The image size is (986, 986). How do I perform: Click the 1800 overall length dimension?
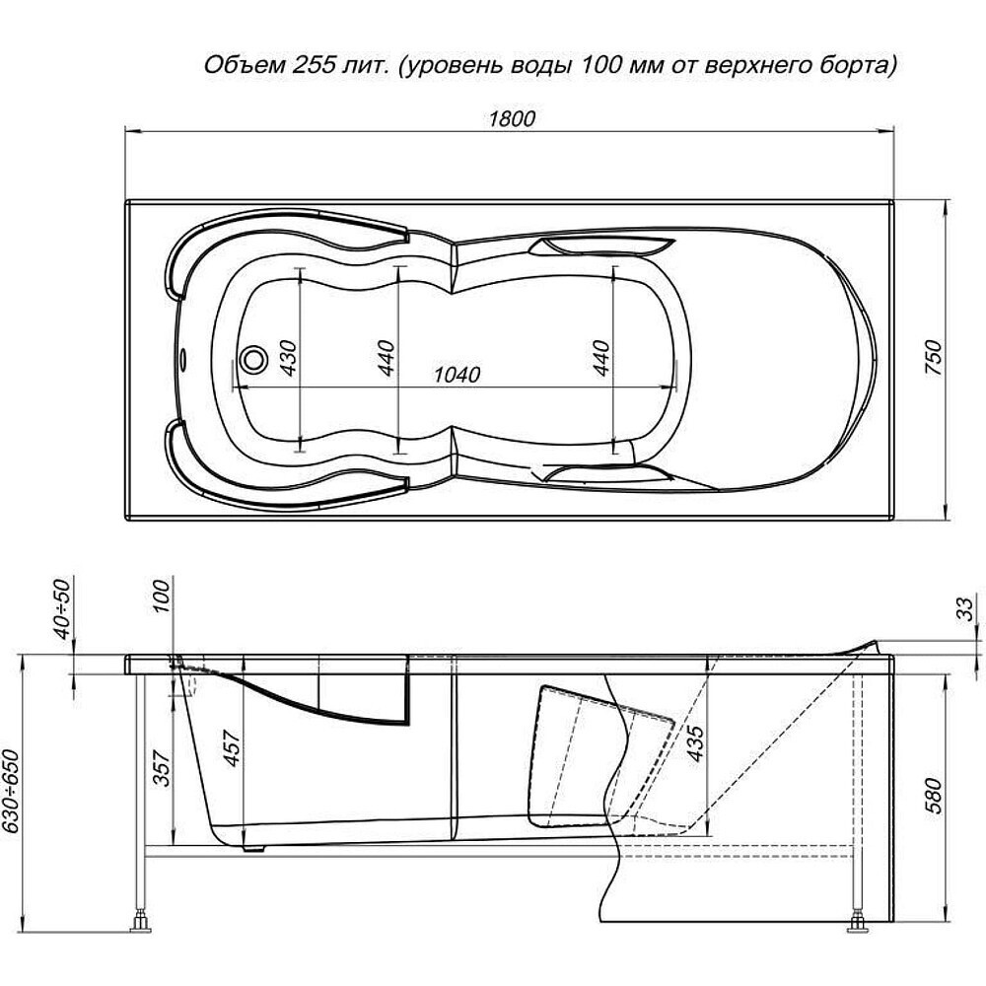click(512, 118)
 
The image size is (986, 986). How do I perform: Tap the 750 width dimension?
click(936, 358)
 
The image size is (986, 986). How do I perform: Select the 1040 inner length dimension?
click(458, 374)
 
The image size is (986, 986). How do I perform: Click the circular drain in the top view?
click(254, 360)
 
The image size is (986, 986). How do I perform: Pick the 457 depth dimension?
click(232, 747)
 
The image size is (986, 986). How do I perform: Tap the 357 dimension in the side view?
click(163, 768)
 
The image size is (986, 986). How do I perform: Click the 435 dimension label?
click(695, 743)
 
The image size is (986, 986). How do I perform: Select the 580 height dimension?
click(936, 796)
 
